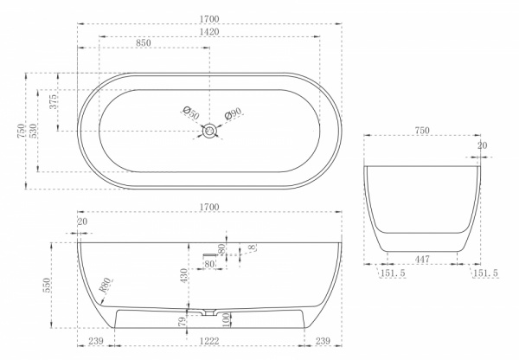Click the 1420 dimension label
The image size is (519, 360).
pos(209,32)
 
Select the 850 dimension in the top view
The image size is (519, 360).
pos(144,43)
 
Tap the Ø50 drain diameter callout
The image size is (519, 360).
pos(191,113)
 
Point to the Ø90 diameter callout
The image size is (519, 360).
pos(233,114)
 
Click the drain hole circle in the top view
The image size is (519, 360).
pos(209,131)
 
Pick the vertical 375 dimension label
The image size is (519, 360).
pos(53,101)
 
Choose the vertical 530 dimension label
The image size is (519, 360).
pos(33,131)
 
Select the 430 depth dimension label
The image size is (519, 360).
pos(184,275)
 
